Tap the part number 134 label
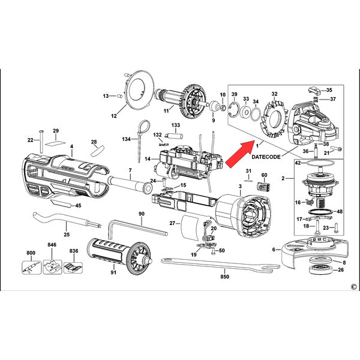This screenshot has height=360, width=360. (x=127, y=139)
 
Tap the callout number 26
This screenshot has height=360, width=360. (x=341, y=270)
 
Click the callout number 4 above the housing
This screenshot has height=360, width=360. (x=71, y=146)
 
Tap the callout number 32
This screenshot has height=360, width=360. (x=274, y=94)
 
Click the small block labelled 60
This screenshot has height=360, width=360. (x=262, y=187)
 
